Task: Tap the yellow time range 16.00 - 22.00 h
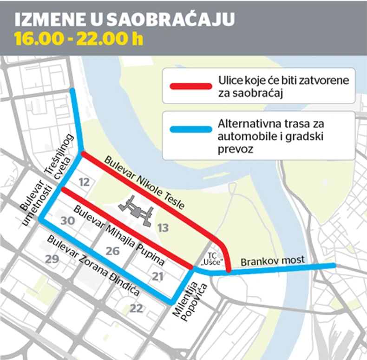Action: pyautogui.click(x=79, y=39)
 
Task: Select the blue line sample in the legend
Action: pyautogui.click(x=190, y=131)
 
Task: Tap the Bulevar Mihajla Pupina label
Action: pyautogui.click(x=120, y=233)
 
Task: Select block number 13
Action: pyautogui.click(x=163, y=227)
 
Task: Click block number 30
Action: pyautogui.click(x=68, y=220)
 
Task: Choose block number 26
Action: pyautogui.click(x=112, y=251)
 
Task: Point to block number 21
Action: pyautogui.click(x=158, y=277)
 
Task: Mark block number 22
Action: pyautogui.click(x=137, y=308)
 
